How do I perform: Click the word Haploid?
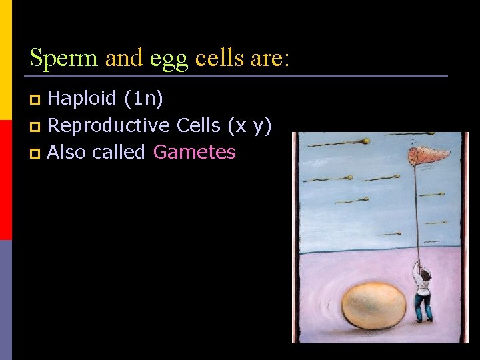click(82, 99)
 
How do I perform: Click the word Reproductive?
click(109, 126)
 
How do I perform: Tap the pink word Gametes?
click(194, 153)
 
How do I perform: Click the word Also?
click(67, 153)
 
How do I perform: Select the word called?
click(119, 153)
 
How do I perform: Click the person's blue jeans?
click(422, 307)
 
